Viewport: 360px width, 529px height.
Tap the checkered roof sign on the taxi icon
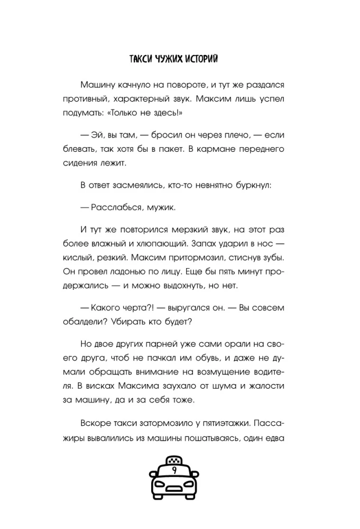tap(174, 460)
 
